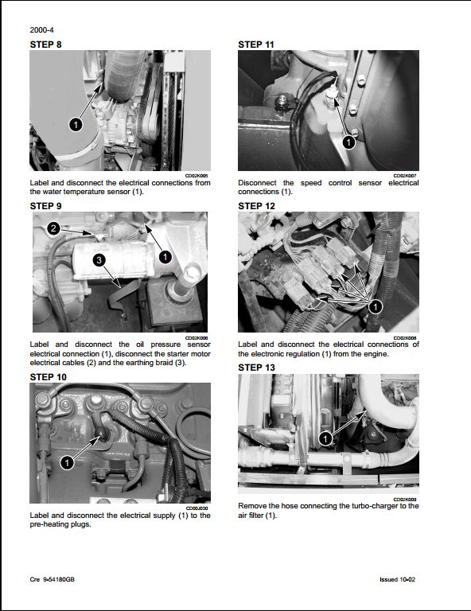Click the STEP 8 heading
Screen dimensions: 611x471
[45, 45]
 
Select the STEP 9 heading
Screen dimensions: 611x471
[45, 205]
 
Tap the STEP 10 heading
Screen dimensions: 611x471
[48, 376]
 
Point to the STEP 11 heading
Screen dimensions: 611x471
[256, 45]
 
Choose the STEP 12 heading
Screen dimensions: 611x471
[256, 205]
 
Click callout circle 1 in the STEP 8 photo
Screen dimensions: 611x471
[75, 125]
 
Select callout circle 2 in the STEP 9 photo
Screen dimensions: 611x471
[53, 229]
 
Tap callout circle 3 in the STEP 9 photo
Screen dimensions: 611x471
[98, 260]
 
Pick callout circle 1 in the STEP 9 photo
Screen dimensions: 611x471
[165, 256]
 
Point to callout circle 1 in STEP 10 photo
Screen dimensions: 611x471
[67, 461]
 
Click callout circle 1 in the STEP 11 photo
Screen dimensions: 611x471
[348, 142]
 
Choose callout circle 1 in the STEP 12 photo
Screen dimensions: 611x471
[376, 305]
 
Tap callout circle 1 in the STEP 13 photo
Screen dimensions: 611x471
[325, 438]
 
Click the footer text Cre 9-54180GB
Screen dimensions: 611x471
[55, 579]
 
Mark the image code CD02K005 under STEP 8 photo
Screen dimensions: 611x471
[197, 175]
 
